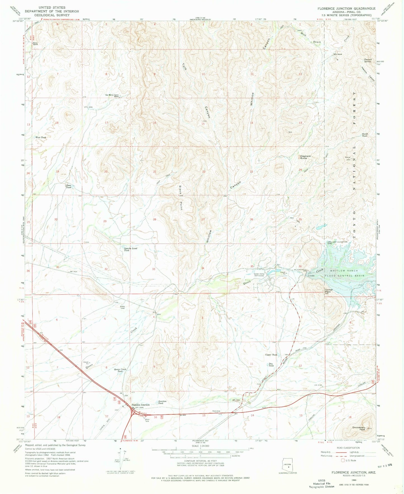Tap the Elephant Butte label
pos(305,157)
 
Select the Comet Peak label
pos(328,291)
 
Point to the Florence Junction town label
pos(141,405)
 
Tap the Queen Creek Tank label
pos(120,370)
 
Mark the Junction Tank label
pos(162,402)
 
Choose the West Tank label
pos(41,137)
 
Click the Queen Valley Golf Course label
pos(259,275)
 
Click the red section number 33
pos(153,269)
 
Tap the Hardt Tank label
pos(365,135)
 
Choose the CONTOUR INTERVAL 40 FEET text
pos(200,461)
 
